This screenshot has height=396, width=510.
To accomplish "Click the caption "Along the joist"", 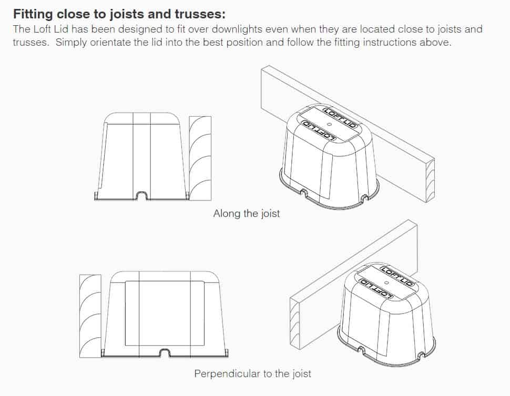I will pos(246,214).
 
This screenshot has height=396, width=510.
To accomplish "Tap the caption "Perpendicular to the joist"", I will pos(252,374).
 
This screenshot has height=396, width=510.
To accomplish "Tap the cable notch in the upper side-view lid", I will pos(142,195).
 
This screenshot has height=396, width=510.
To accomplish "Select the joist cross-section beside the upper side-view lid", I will pos(200,158).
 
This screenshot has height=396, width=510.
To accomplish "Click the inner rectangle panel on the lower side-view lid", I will pos(165,313).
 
